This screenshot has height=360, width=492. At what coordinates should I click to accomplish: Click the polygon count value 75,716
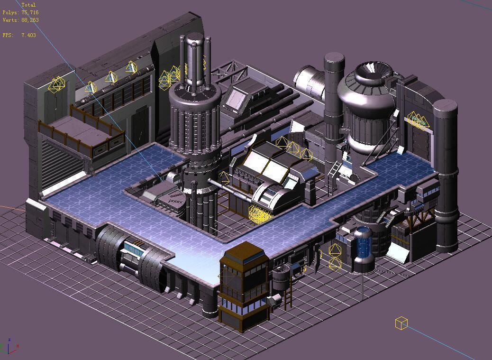30,13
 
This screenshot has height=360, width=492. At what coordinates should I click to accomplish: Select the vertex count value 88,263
30,20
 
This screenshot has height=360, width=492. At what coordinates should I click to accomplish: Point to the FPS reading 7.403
28,35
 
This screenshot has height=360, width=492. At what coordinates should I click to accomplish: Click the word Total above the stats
28,5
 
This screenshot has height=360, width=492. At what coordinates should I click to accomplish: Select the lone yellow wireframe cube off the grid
401,323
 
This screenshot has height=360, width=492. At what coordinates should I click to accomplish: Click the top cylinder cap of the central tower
194,39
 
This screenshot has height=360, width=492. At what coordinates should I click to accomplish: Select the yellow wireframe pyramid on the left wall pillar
57,85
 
